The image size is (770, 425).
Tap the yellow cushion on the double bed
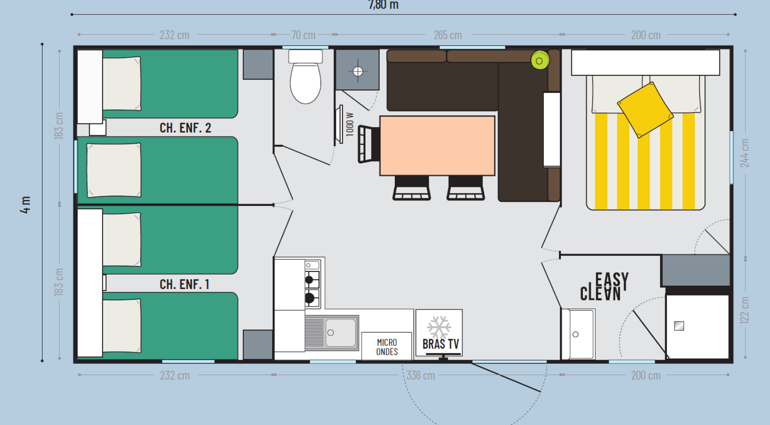(645, 110)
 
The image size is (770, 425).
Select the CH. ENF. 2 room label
(185, 128)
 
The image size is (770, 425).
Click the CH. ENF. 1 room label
(185, 284)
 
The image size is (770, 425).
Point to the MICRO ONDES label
(387, 347)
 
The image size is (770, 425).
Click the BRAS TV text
(441, 344)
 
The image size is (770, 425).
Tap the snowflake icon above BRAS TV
(439, 327)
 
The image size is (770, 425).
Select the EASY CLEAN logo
(604, 287)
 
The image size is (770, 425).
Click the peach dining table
(437, 146)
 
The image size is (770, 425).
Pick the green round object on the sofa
(540, 60)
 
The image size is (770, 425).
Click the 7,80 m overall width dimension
(383, 5)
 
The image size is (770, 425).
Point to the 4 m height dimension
(26, 205)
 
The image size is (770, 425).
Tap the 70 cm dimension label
(303, 35)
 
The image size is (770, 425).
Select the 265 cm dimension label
(448, 35)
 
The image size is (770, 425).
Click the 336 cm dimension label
(421, 375)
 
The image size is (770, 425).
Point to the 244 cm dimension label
(745, 153)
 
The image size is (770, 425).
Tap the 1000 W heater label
(350, 124)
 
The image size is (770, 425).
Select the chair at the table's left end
(369, 144)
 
